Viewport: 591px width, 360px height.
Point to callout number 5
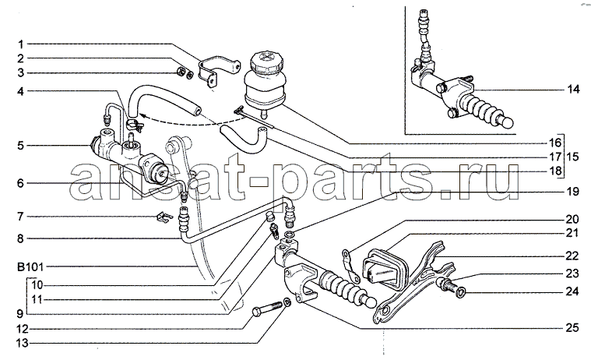click(23, 145)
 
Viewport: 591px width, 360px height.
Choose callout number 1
click(23, 44)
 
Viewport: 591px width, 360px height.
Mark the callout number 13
click(23, 341)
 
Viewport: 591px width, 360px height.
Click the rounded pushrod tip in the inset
click(507, 122)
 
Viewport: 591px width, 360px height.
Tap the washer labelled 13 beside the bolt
click(287, 302)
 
